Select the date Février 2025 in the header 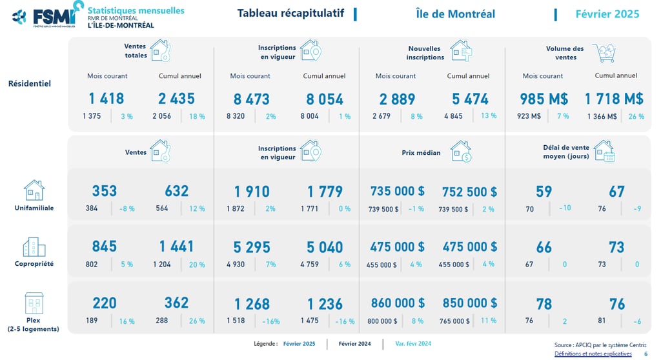click(607, 14)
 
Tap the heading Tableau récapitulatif click(290, 14)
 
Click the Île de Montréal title click(456, 14)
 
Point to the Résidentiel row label click(30, 83)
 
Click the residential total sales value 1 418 click(107, 99)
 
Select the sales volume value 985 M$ click(544, 99)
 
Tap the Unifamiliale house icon click(34, 190)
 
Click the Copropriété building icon click(34, 247)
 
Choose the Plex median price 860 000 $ click(397, 303)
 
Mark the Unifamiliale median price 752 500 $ click(469, 192)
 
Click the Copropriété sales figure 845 click(105, 247)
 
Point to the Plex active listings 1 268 click(251, 303)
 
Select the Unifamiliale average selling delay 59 click(544, 192)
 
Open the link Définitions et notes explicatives click(593, 354)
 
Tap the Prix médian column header click(421, 153)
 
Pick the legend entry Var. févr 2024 click(413, 344)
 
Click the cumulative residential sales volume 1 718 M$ click(614, 99)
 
